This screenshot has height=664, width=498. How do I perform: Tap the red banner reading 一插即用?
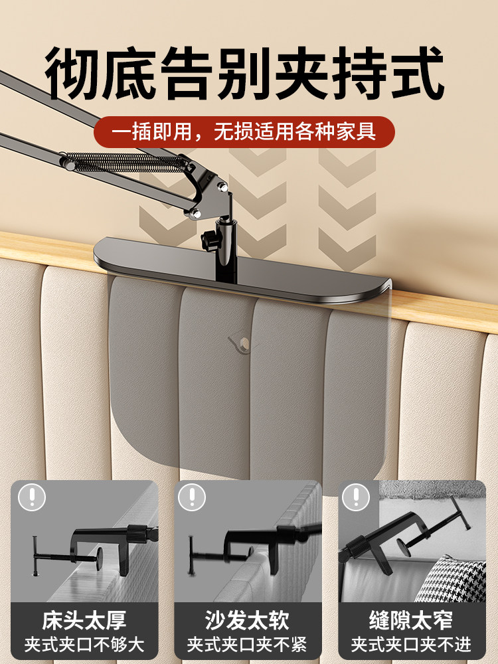(244, 131)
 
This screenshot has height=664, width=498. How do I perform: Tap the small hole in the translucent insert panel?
(244, 343)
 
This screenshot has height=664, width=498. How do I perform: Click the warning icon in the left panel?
(32, 497)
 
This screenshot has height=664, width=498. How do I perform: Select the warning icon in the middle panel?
(192, 497)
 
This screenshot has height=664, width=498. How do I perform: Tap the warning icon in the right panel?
(356, 497)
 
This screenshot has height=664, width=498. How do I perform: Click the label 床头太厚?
(84, 621)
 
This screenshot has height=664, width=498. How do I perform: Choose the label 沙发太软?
(248, 621)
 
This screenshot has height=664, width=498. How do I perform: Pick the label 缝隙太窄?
(412, 621)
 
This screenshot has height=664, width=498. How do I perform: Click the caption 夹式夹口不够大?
(84, 644)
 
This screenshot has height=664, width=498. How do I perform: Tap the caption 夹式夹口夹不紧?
(248, 644)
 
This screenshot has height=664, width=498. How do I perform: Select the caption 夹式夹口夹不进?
(412, 644)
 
